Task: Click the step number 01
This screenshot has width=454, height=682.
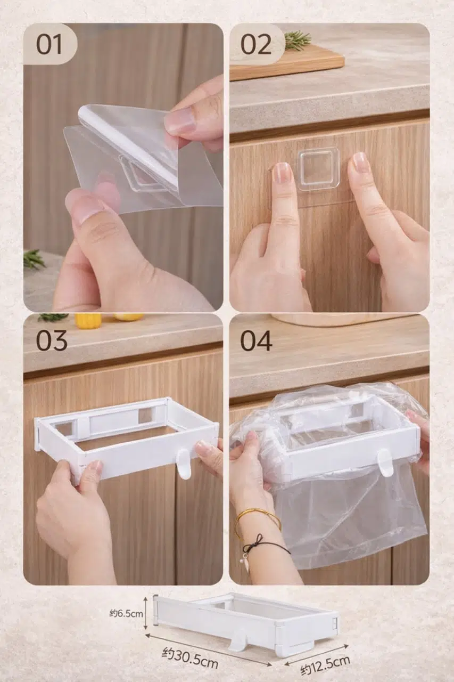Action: pyautogui.click(x=49, y=45)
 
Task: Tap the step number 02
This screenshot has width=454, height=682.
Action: pyautogui.click(x=255, y=45)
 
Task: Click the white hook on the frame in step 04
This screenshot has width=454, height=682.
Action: pyautogui.click(x=385, y=464)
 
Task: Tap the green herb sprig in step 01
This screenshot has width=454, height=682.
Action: pyautogui.click(x=34, y=259)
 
